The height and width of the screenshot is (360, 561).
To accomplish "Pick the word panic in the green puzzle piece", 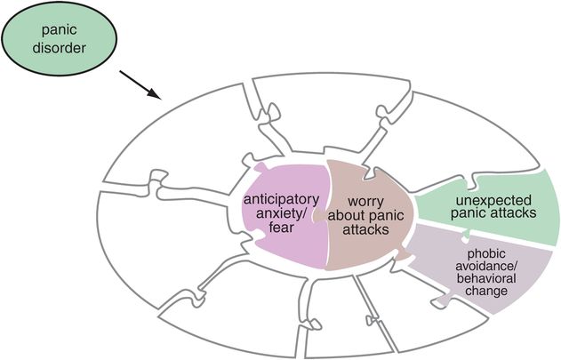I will coord(469,212).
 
